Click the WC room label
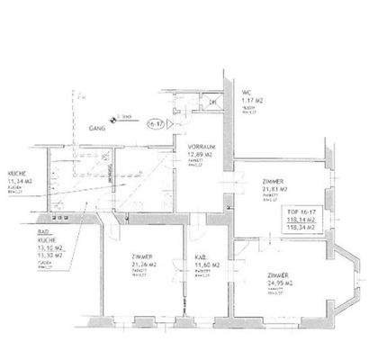tap(247, 92)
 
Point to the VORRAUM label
tap(200, 145)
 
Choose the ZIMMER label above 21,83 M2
tap(269, 180)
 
